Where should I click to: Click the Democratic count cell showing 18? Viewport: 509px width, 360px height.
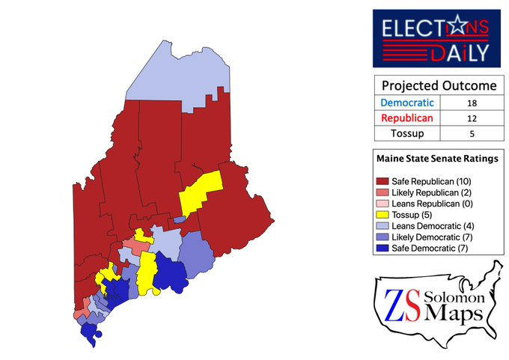pos(471,103)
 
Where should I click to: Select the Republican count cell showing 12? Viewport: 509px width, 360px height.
pos(471,118)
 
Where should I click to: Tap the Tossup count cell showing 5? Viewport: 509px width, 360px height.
pos(471,133)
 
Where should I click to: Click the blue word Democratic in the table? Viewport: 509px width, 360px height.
pos(406,103)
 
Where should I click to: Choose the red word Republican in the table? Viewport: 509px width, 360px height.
pos(406,118)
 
